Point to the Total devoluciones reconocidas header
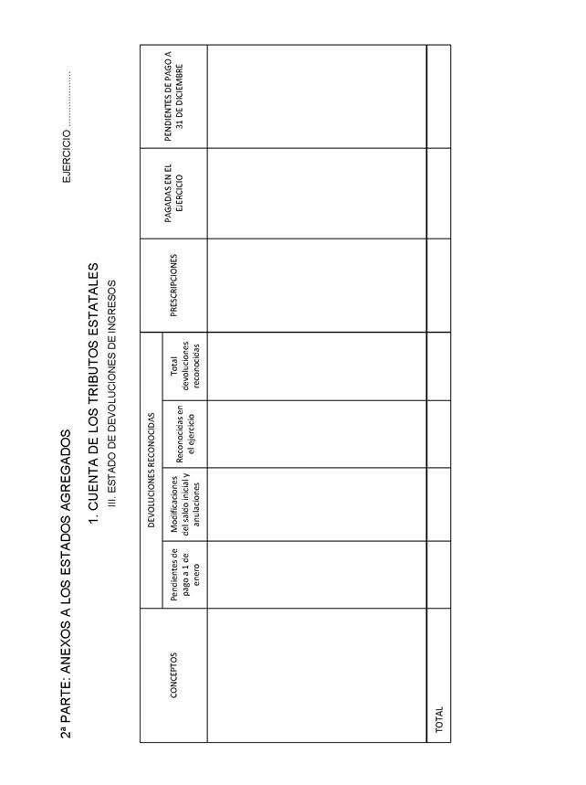coord(184,366)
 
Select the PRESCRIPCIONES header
coord(173,285)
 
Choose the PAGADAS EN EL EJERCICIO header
coord(173,194)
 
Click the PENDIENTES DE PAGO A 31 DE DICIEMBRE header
coord(173,96)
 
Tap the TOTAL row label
coord(439,721)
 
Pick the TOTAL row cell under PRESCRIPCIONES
coord(439,285)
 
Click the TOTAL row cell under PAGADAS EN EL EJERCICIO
coord(439,194)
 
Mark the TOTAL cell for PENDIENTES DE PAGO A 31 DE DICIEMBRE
coord(439,96)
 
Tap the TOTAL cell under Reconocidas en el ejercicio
coord(439,434)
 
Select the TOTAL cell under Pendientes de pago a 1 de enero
coord(439,575)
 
